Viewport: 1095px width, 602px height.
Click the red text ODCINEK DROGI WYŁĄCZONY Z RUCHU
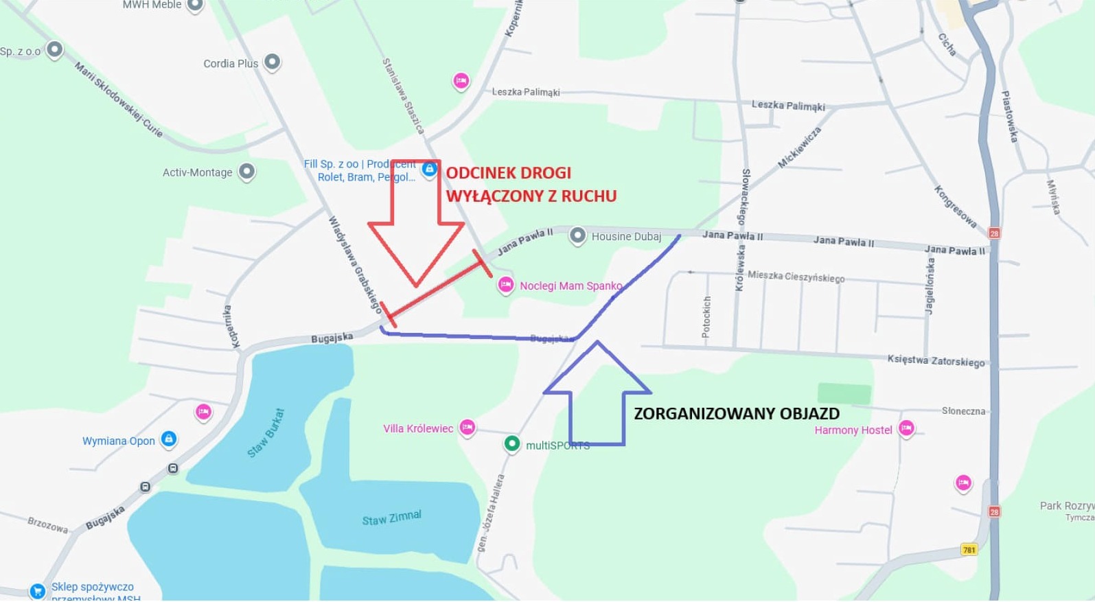(x=531, y=185)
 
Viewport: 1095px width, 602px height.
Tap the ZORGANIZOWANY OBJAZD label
(x=736, y=414)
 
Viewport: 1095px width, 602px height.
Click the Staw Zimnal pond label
(x=391, y=518)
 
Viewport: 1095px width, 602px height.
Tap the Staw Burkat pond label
(x=266, y=433)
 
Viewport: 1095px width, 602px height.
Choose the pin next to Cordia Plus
(x=273, y=62)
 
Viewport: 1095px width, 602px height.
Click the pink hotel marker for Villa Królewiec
(x=468, y=428)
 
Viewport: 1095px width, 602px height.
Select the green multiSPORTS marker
(x=511, y=444)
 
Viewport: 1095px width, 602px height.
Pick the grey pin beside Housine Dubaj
(x=578, y=236)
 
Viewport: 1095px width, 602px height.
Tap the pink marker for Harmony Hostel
(x=906, y=428)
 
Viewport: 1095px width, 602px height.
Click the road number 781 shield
(x=969, y=549)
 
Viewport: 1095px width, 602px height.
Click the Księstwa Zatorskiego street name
(x=936, y=361)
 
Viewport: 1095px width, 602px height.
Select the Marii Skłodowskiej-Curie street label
(x=119, y=100)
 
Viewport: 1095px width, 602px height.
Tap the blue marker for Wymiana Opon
(x=169, y=439)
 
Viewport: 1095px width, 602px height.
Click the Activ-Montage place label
(x=197, y=172)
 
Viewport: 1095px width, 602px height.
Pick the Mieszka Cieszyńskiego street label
(x=796, y=277)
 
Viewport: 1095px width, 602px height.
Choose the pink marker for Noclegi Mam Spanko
(x=506, y=285)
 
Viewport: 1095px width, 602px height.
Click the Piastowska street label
(x=1008, y=117)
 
